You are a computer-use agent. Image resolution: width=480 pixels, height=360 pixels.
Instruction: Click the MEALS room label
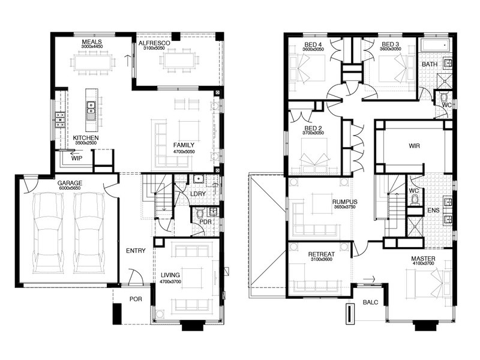(92, 41)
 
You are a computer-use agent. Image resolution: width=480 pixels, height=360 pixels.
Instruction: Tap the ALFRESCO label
(154, 43)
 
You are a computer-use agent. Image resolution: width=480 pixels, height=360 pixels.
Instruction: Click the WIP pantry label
(77, 158)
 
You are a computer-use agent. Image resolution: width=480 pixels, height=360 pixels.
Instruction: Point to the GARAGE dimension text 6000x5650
(69, 188)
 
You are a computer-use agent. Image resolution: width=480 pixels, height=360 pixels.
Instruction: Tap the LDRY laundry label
(198, 194)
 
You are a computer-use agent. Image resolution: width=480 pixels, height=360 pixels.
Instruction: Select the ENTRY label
(136, 251)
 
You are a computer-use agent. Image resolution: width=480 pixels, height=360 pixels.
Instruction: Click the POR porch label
(136, 299)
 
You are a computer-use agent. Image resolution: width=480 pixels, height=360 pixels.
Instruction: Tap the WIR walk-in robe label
(414, 146)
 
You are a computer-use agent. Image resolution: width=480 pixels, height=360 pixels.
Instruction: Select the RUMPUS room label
(344, 202)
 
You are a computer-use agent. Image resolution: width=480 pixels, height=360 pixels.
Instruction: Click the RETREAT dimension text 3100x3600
(322, 259)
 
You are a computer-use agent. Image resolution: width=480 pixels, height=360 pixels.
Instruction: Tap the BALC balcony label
(370, 302)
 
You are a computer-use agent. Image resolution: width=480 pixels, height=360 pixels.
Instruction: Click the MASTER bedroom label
(424, 259)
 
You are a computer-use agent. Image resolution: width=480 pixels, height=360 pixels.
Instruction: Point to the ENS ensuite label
(433, 211)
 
